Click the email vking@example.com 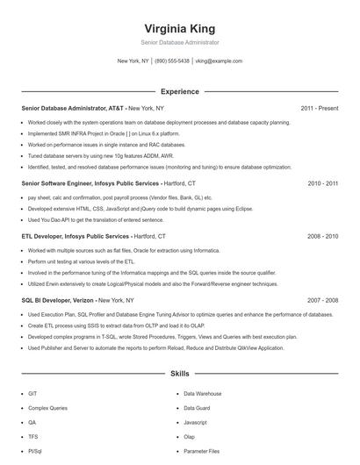(219, 61)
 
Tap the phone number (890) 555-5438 (172, 61)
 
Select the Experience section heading (179, 91)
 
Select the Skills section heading (179, 374)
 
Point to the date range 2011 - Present (319, 108)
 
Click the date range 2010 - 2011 (322, 183)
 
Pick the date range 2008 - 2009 (322, 236)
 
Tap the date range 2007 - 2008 (322, 299)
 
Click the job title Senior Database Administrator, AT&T (73, 108)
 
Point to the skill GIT (32, 394)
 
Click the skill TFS (32, 436)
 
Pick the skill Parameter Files (202, 450)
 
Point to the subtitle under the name (179, 42)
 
